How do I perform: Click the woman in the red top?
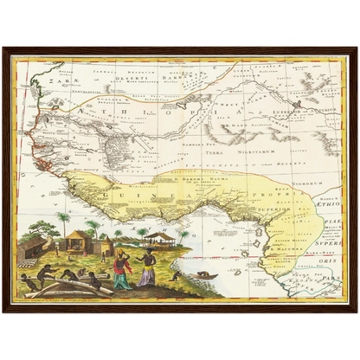coord(122,269)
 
